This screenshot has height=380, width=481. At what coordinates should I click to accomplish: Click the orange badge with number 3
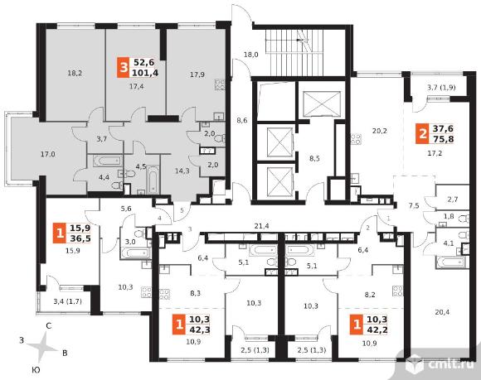click(123, 67)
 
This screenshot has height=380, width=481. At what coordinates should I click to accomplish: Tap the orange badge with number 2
click(422, 134)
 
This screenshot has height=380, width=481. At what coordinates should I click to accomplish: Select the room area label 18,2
click(75, 73)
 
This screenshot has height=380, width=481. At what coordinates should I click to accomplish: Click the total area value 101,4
click(145, 73)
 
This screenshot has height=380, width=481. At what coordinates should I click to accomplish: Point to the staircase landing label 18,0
click(251, 55)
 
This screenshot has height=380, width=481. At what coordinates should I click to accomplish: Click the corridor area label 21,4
click(262, 226)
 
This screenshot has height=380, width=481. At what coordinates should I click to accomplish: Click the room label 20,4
click(442, 312)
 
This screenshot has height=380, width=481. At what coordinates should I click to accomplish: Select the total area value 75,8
click(443, 139)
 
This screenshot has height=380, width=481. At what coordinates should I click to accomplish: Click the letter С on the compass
click(48, 326)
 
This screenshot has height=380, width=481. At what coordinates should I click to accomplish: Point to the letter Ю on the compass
click(36, 370)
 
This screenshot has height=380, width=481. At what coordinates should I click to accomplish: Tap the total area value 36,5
click(80, 238)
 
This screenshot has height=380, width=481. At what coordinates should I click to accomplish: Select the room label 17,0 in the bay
click(48, 154)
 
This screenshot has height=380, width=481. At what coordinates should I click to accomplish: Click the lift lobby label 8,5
click(314, 159)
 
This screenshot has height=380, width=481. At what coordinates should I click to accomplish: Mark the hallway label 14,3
click(182, 171)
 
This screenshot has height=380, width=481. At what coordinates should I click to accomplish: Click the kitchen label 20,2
click(380, 131)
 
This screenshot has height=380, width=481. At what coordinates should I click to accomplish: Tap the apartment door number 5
click(182, 210)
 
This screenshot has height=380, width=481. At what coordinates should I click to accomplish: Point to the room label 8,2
click(370, 295)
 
